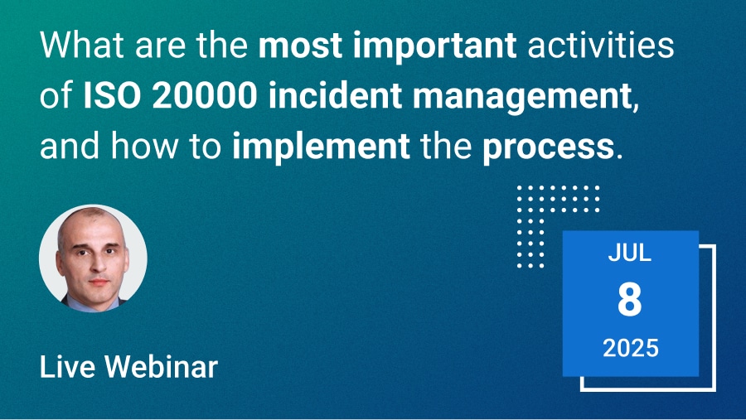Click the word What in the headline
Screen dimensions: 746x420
coord(82,45)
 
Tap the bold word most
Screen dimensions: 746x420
coord(301,46)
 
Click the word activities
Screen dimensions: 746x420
coord(601,45)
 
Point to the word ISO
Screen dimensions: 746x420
coord(112,95)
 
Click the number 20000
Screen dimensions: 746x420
coord(205,95)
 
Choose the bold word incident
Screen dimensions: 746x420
coord(335,95)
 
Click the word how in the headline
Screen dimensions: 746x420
coord(143,146)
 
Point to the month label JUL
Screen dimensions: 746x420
coord(629,253)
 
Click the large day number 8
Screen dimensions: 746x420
coord(629,299)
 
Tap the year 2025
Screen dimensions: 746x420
coord(631,348)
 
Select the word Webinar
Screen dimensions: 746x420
coord(162,367)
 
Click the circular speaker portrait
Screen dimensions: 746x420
coord(93,258)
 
